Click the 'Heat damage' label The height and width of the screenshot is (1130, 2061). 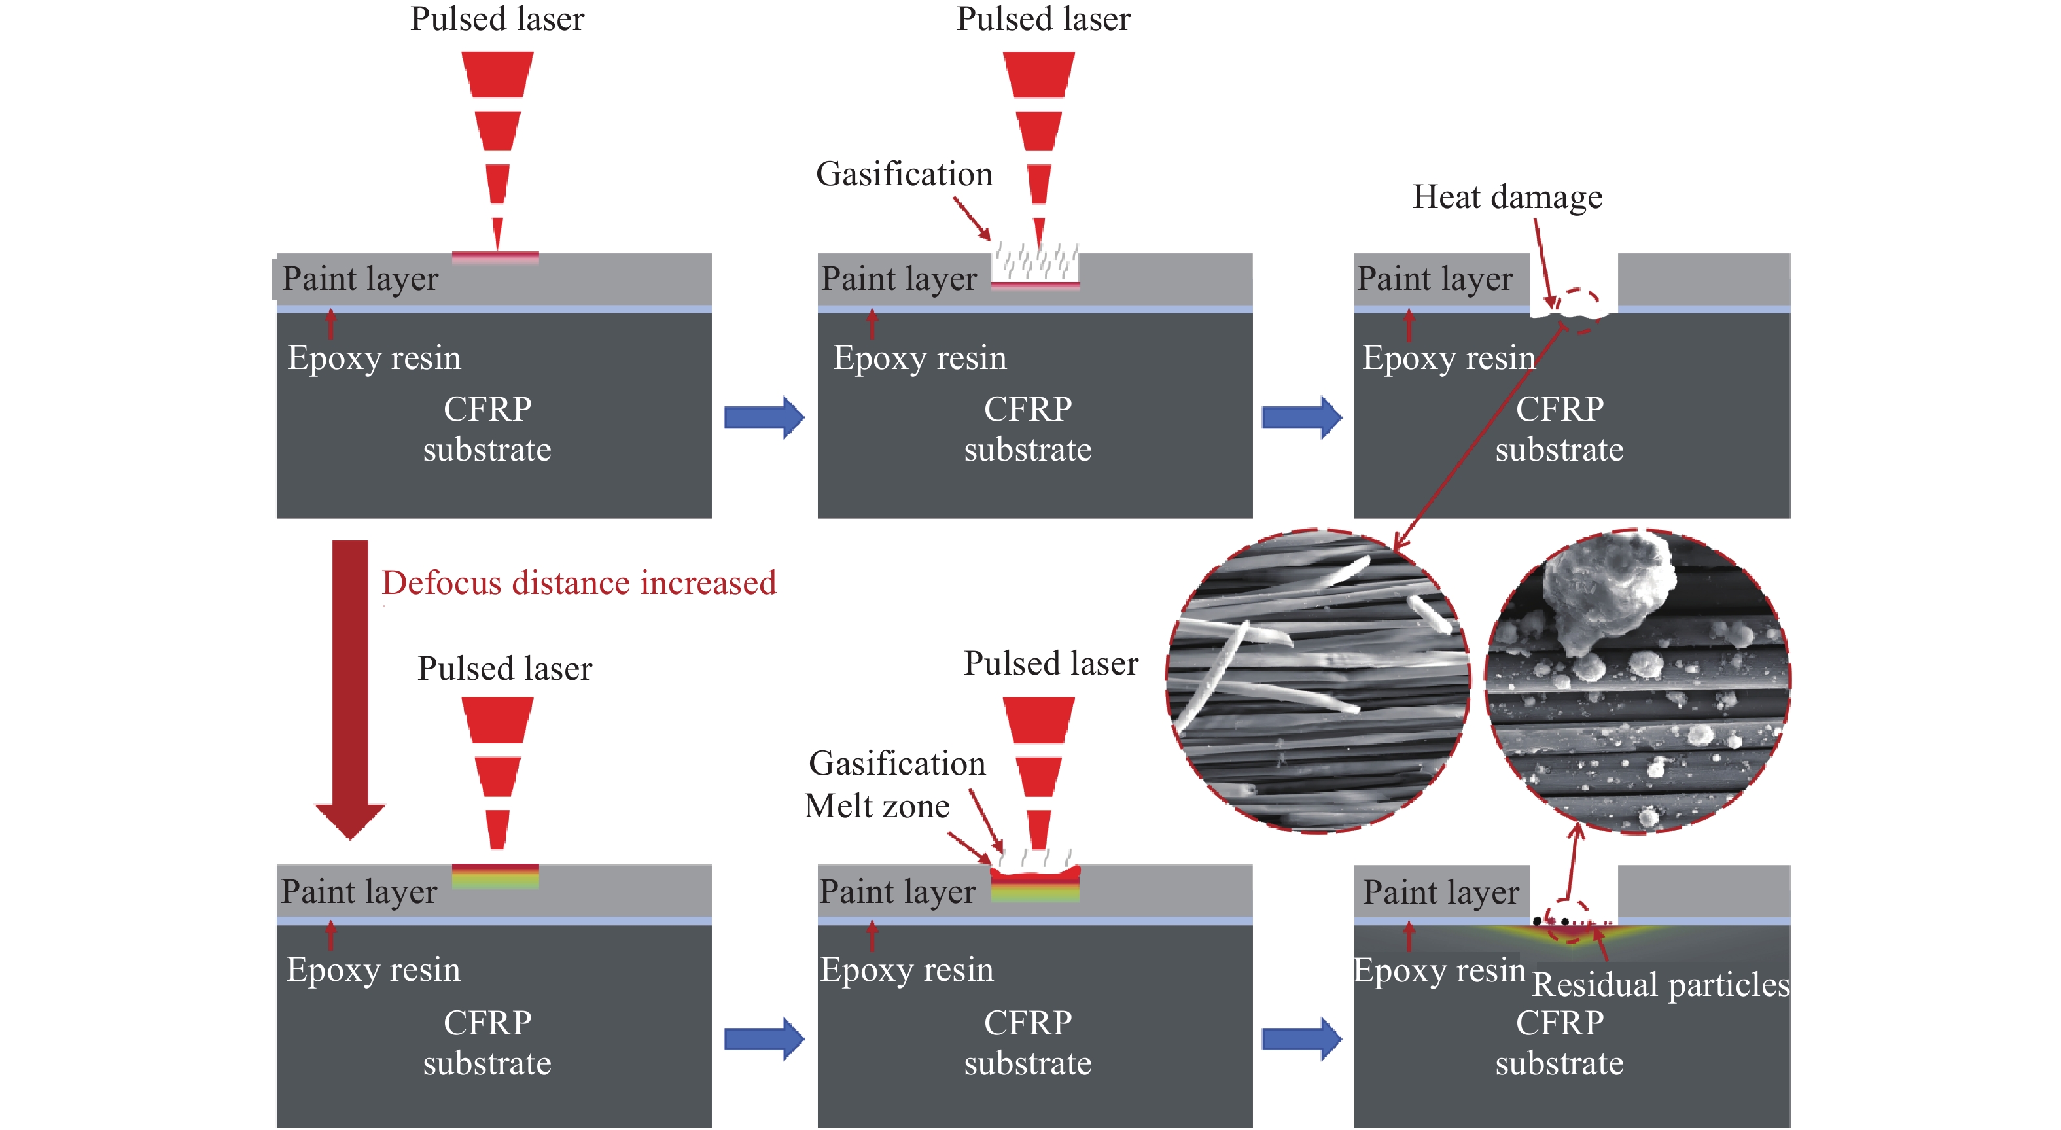pos(1507,197)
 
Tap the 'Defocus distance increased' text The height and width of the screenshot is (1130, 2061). pos(578,582)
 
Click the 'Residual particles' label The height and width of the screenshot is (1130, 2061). pos(1660,984)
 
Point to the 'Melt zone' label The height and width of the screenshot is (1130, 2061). pos(877,806)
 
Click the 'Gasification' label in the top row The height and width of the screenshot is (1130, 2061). pos(904,175)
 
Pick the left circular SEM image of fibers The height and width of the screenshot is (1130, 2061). pos(1318,680)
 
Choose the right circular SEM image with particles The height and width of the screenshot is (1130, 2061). pos(1637,680)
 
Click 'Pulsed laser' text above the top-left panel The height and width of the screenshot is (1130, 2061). pos(497,19)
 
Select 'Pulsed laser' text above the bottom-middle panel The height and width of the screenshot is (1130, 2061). pos(1051,663)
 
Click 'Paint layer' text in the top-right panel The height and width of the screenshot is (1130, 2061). pos(1435,279)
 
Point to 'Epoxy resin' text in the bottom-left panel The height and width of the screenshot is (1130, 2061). pos(373,970)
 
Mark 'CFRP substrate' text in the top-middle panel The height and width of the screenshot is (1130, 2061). pos(1027,429)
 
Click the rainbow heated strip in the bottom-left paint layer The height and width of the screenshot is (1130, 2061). pos(495,876)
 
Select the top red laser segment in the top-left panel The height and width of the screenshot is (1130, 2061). pos(497,75)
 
